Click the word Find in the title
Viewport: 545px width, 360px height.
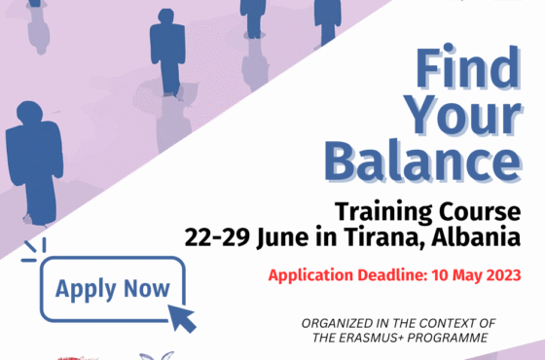pos(468,69)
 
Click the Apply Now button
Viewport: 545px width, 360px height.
pos(112,289)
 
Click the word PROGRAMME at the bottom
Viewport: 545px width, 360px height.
pos(457,339)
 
